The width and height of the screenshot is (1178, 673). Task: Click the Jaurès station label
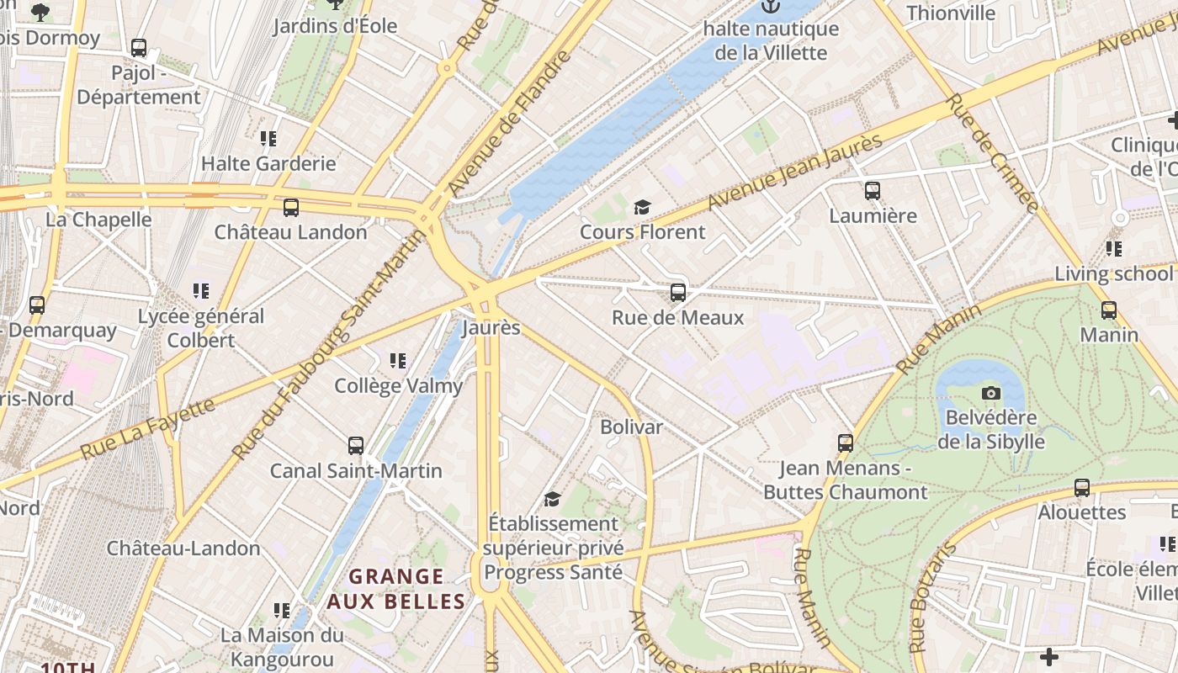click(491, 328)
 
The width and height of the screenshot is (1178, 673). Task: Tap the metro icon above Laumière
click(873, 191)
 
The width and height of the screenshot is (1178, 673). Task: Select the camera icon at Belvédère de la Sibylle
click(991, 393)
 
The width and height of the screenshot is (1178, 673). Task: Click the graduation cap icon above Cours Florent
click(642, 207)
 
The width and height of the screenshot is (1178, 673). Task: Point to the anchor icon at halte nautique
click(771, 7)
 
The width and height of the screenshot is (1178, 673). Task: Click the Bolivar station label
click(631, 427)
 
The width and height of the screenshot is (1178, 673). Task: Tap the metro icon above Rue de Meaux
click(677, 293)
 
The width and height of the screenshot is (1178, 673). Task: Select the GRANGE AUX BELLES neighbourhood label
click(395, 589)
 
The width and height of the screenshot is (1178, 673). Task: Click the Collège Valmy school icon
click(398, 361)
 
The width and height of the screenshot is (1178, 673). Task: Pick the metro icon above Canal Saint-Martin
click(356, 445)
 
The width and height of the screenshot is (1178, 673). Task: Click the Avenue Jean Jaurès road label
click(794, 172)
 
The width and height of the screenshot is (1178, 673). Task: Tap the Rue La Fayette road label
click(147, 429)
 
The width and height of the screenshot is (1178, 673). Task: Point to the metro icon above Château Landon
click(291, 207)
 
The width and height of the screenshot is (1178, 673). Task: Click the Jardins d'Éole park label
click(335, 26)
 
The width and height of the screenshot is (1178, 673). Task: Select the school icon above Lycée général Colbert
click(201, 291)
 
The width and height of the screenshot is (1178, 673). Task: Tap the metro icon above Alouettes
click(1082, 487)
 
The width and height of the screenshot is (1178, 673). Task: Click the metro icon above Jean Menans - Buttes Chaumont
click(846, 442)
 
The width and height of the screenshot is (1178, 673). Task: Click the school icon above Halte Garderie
click(268, 138)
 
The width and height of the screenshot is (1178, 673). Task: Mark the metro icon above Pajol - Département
click(139, 48)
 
